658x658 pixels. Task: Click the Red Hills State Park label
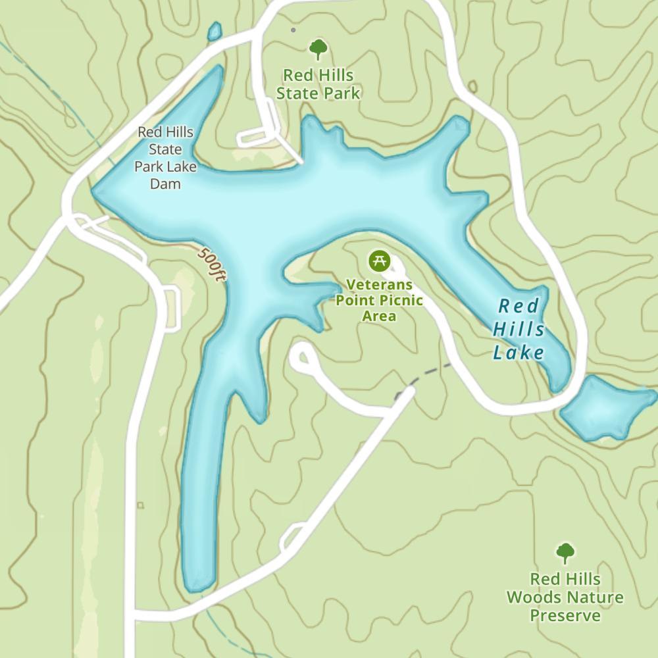pyautogui.click(x=318, y=84)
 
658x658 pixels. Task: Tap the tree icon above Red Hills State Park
pyautogui.click(x=318, y=49)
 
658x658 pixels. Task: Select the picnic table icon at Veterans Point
pyautogui.click(x=378, y=260)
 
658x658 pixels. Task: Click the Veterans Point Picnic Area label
pyautogui.click(x=380, y=301)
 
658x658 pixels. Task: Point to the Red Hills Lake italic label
pyautogui.click(x=519, y=329)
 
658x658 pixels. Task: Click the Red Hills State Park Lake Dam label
pyautogui.click(x=165, y=158)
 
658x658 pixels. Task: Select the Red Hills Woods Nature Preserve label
pyautogui.click(x=565, y=597)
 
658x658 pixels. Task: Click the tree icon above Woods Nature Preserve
pyautogui.click(x=565, y=553)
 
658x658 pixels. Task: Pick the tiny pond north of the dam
pyautogui.click(x=215, y=31)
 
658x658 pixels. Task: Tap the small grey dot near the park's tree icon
pyautogui.click(x=293, y=30)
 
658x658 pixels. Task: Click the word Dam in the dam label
pyautogui.click(x=165, y=184)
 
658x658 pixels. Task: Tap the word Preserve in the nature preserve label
pyautogui.click(x=565, y=615)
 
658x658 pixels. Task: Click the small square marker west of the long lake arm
pyautogui.click(x=140, y=505)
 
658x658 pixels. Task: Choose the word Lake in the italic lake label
pyautogui.click(x=519, y=353)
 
